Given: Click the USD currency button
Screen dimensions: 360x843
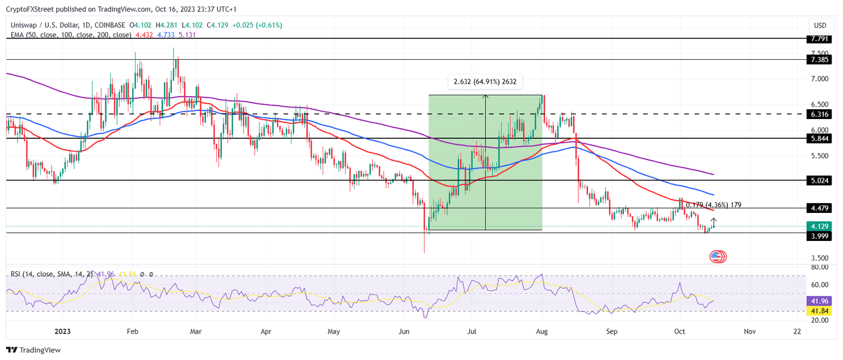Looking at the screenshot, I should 820,25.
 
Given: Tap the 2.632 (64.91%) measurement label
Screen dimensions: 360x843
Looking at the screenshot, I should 485,82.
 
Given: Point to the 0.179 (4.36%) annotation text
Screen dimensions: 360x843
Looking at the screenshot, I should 713,205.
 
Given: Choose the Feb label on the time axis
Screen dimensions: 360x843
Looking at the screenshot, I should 132,331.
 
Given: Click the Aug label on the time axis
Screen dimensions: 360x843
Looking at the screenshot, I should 542,331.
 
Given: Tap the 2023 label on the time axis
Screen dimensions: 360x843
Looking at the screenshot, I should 62,331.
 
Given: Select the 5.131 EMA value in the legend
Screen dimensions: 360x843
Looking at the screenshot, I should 187,35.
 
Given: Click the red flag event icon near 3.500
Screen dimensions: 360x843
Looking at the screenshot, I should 717,256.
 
